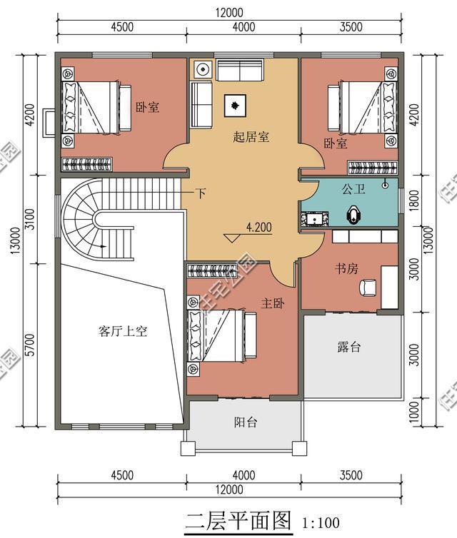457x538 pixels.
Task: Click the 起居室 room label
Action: (x=251, y=137)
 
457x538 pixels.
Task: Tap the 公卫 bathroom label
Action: (x=353, y=190)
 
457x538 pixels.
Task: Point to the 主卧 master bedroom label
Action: (x=273, y=304)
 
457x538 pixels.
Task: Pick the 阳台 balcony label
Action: (x=246, y=422)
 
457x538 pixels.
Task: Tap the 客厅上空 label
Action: (x=122, y=331)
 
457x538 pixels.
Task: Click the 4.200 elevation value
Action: (x=258, y=228)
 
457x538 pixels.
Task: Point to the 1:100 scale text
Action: (x=321, y=522)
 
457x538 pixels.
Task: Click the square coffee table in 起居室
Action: (x=235, y=106)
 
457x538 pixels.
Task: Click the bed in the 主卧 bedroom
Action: (x=223, y=336)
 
